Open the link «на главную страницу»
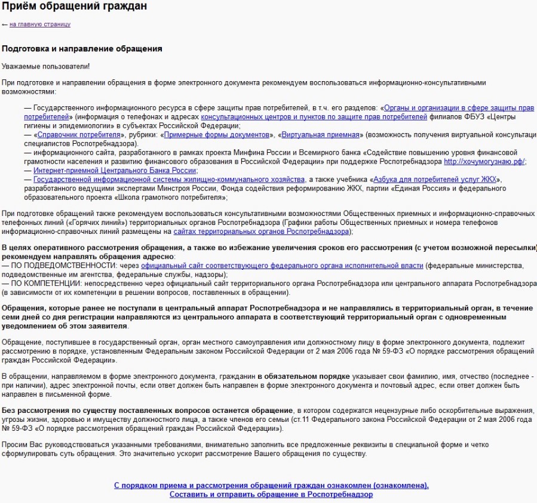pyautogui.click(x=39, y=24)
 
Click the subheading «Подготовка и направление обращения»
pyautogui.click(x=82, y=49)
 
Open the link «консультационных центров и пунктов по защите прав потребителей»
pyautogui.click(x=314, y=117)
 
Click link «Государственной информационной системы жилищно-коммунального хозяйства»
pyautogui.click(x=169, y=180)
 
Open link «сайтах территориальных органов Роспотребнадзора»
pyautogui.click(x=261, y=232)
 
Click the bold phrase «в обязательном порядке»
pyautogui.click(x=303, y=377)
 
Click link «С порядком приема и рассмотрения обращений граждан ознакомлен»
pyautogui.click(x=271, y=485)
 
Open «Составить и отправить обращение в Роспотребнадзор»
pyautogui.click(x=271, y=495)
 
